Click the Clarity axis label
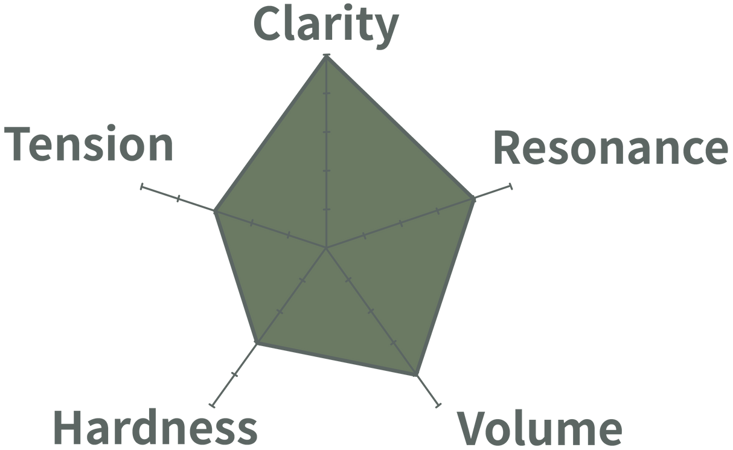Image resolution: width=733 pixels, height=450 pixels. [x=325, y=25]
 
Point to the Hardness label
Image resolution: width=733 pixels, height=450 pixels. [x=156, y=427]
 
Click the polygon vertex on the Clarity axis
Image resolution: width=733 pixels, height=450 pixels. [x=326, y=56]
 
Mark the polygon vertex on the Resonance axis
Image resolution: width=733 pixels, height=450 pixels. [x=475, y=198]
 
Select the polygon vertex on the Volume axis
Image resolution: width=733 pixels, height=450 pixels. [x=417, y=376]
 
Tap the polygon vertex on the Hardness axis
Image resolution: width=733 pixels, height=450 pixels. [x=258, y=344]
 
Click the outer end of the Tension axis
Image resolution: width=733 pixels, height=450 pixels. [x=141, y=187]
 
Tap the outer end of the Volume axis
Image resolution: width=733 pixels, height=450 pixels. [x=440, y=404]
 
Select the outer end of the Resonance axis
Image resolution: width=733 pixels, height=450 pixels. [x=511, y=185]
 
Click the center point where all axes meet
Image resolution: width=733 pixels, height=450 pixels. [x=326, y=248]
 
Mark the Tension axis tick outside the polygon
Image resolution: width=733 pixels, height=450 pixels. [x=178, y=199]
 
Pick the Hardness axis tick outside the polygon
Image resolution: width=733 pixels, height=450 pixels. [x=235, y=374]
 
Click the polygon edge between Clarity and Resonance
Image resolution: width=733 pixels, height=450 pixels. [x=401, y=127]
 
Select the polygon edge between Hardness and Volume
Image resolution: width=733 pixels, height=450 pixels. [x=337, y=360]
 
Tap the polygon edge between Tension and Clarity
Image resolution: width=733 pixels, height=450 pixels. [x=270, y=133]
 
